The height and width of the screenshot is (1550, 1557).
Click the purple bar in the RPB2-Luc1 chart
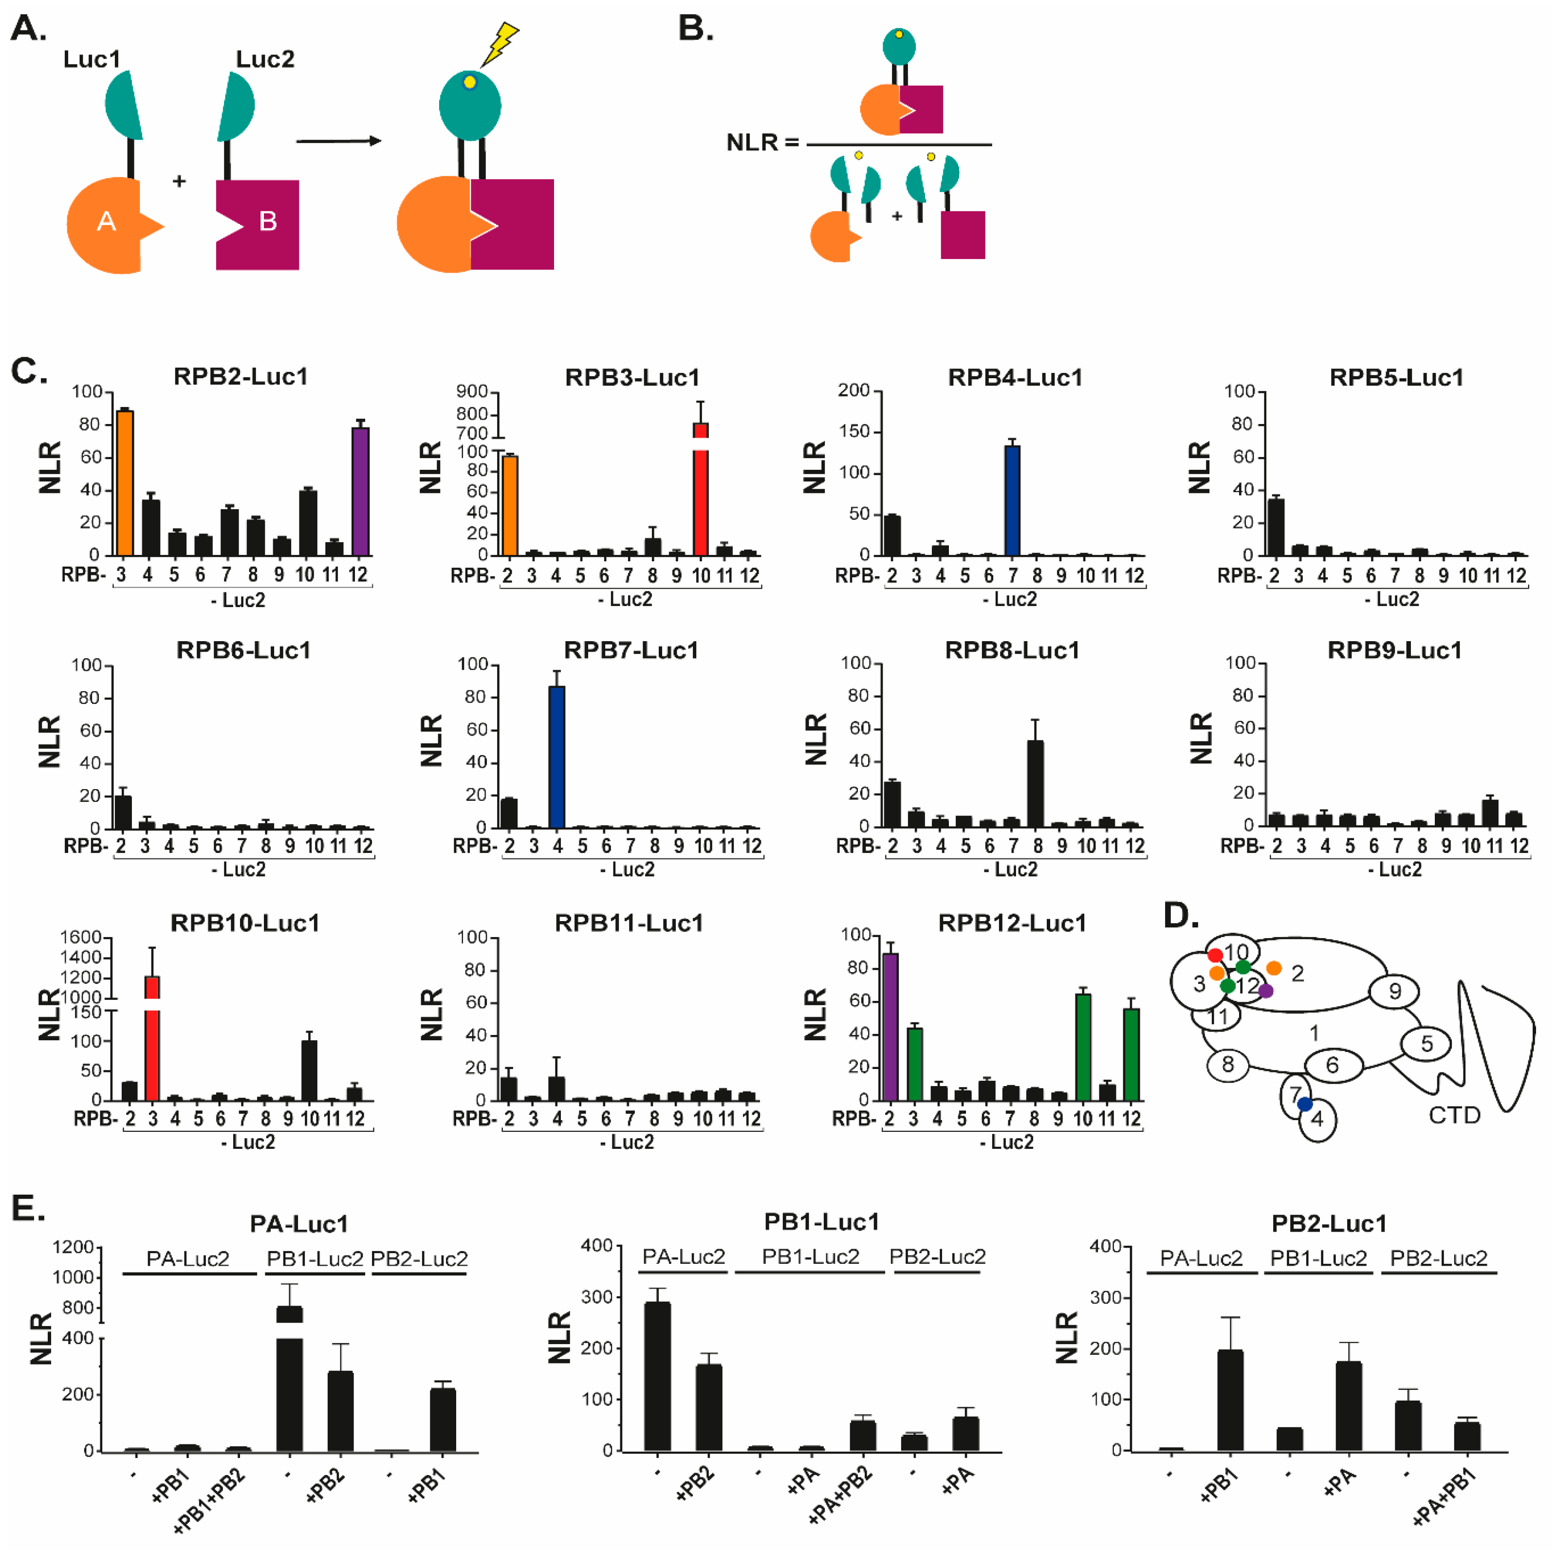click(x=360, y=491)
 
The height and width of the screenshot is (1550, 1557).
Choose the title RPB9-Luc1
click(x=1394, y=650)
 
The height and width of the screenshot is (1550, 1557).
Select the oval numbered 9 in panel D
click(x=1394, y=992)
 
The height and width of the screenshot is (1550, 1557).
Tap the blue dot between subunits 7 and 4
click(x=1305, y=1104)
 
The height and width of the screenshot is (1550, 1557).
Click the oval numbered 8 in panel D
click(x=1227, y=1065)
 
